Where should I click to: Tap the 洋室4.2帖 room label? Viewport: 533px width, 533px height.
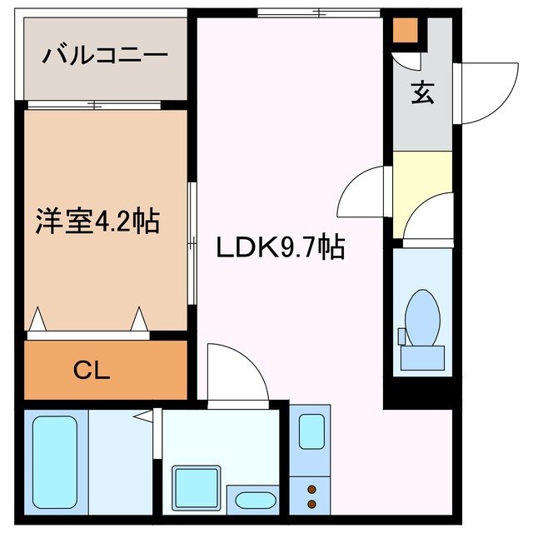pos(97,222)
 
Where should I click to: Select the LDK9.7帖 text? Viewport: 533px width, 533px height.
pos(281,247)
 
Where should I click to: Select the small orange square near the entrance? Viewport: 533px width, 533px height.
pos(405,30)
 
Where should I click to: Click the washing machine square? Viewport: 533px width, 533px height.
pos(197,486)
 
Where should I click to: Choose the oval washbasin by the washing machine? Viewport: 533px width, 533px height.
pos(255,501)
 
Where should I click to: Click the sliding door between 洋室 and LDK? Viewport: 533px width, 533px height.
pos(192,242)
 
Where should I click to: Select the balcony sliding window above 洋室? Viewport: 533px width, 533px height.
pos(93,105)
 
